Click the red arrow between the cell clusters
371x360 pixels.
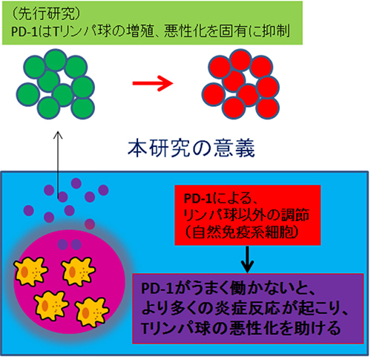[x=153, y=83]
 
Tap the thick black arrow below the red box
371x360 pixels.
[x=247, y=259]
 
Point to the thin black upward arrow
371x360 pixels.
[x=58, y=165]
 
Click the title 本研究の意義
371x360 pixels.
[x=191, y=148]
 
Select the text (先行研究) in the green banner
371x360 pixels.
[x=46, y=14]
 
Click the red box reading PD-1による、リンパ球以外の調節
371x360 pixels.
[x=248, y=215]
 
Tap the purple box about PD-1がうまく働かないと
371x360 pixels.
[x=248, y=309]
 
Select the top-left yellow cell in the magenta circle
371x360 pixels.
[x=30, y=272]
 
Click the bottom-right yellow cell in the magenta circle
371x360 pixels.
[x=92, y=312]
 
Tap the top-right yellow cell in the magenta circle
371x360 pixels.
[x=79, y=272]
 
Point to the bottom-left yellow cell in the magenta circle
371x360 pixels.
[x=51, y=306]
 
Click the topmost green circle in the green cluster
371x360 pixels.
[x=56, y=60]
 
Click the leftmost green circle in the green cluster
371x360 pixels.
[x=28, y=94]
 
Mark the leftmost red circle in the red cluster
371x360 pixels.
[x=214, y=94]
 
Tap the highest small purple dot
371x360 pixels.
[x=76, y=183]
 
